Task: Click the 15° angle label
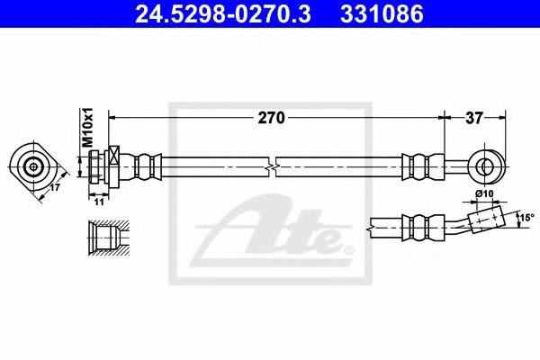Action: click(526, 217)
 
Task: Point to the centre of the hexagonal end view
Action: click(34, 166)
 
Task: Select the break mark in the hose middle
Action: click(273, 166)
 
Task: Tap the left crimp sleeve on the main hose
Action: click(145, 166)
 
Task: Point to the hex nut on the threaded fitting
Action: click(113, 166)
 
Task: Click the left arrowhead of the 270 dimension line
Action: click(112, 117)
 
